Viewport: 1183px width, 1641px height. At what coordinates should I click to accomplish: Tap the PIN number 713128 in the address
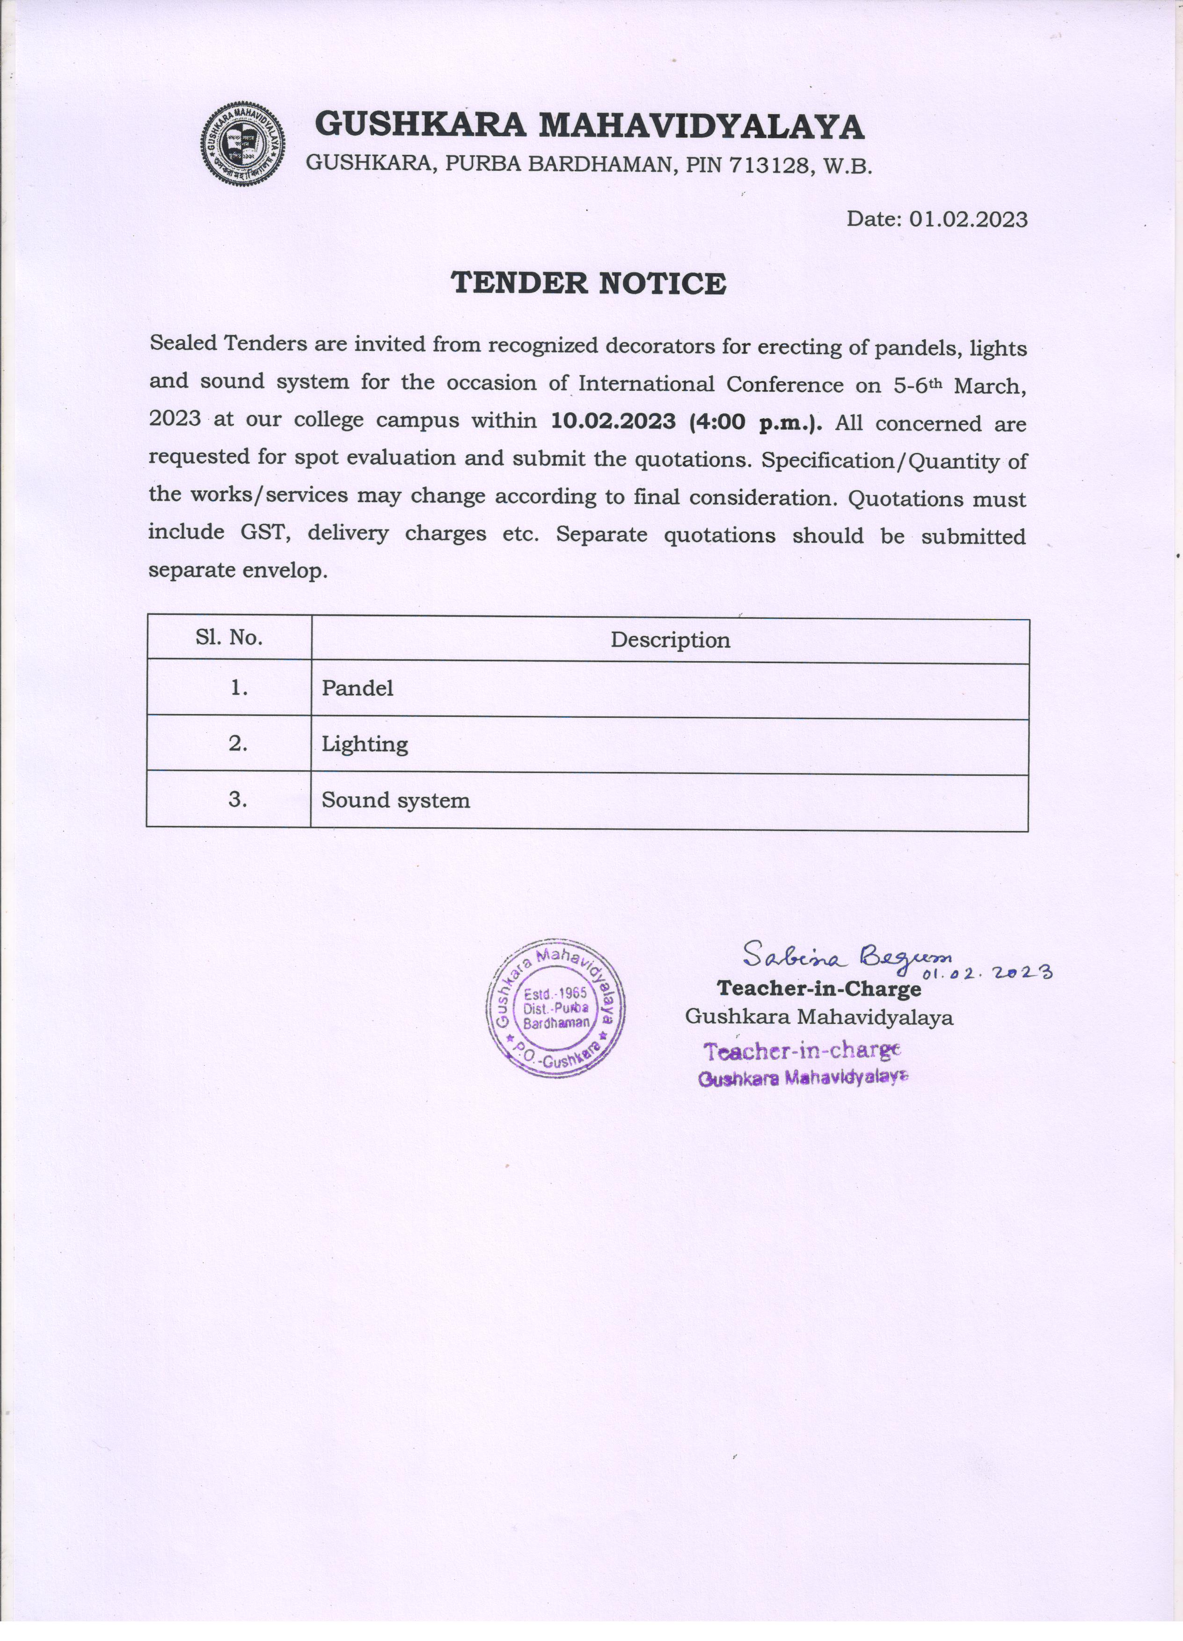(767, 165)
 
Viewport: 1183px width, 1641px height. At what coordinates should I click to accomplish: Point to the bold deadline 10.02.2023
(613, 420)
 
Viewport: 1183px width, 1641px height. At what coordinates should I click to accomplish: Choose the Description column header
(670, 640)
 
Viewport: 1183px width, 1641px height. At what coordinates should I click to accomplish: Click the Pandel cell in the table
(358, 688)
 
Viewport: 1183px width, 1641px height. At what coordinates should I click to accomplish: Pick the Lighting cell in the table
(365, 744)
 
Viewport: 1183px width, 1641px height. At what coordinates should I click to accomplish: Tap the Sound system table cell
(396, 800)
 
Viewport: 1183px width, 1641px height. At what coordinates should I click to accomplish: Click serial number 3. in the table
(238, 800)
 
